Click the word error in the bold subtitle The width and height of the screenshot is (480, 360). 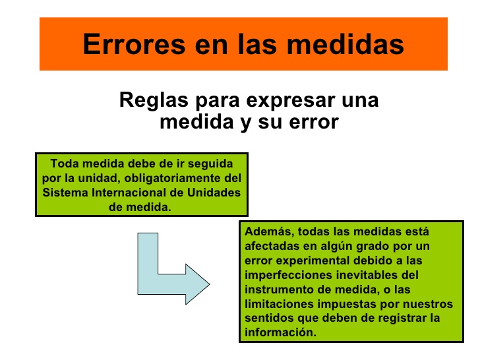(x=312, y=122)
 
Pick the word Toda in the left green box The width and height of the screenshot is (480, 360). (x=63, y=163)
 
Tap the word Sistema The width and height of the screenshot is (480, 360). (x=62, y=192)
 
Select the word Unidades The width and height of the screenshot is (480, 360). (x=214, y=192)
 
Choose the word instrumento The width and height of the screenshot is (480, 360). (x=276, y=289)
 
